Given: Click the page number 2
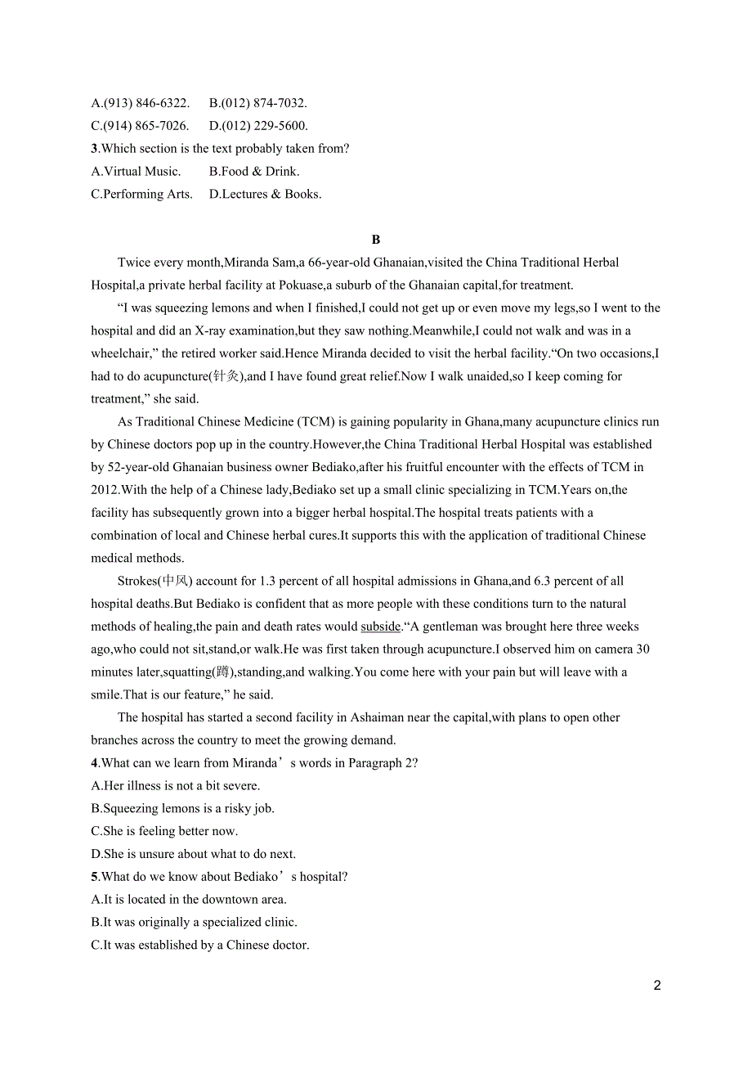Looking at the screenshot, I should (657, 986).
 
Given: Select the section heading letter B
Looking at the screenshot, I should (376, 240).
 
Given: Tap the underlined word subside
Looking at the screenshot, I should (380, 627).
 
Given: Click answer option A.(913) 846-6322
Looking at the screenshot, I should (141, 103).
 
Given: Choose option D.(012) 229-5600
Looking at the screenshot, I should (258, 126).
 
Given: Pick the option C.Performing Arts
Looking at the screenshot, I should (142, 194).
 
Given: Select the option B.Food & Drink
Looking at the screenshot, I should (254, 172).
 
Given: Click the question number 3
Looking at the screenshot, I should (94, 149).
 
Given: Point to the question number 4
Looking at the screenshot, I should (94, 763).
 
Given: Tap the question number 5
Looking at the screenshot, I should (94, 877).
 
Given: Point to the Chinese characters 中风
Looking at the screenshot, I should (175, 581).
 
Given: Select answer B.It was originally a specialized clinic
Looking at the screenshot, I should (194, 922).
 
